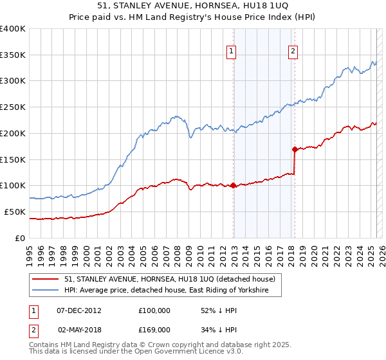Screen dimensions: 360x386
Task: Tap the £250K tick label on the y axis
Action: (13, 107)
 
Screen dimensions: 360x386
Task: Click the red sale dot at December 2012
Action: (233, 186)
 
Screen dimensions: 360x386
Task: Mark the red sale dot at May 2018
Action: (295, 150)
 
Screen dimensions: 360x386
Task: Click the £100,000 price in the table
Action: (154, 310)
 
